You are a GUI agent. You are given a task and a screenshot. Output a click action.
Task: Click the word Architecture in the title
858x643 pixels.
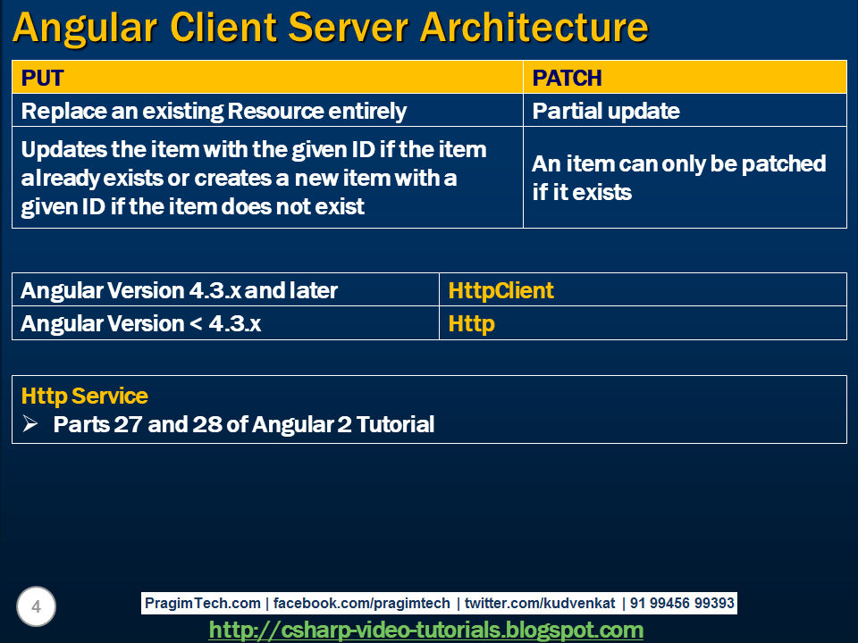click(534, 28)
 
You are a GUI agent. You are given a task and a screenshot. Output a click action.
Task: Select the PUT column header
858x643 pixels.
click(43, 78)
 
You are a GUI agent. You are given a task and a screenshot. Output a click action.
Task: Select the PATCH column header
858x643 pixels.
click(567, 78)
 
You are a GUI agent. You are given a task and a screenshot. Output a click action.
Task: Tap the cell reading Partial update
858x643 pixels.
click(606, 111)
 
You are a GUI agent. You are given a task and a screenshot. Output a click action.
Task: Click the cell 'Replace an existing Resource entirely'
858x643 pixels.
click(214, 111)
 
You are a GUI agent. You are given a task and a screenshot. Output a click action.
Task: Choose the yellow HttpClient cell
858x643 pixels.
click(500, 290)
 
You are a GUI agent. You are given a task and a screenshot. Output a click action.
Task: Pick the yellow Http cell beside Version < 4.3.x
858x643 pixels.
click(471, 323)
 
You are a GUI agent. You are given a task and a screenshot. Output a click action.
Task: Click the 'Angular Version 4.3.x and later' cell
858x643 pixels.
click(179, 290)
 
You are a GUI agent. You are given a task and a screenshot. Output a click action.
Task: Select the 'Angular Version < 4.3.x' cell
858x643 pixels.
click(141, 323)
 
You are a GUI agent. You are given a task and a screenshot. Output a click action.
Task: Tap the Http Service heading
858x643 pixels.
click(85, 396)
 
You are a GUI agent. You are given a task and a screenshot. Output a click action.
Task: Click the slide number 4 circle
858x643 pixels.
click(36, 608)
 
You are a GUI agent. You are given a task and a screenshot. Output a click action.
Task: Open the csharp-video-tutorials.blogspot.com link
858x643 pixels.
click(425, 630)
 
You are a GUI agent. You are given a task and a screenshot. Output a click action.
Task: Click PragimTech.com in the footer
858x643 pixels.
click(203, 604)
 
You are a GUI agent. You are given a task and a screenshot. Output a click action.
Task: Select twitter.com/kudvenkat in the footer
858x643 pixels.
click(540, 604)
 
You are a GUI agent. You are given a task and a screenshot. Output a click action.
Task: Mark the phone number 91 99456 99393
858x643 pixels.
click(682, 604)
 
